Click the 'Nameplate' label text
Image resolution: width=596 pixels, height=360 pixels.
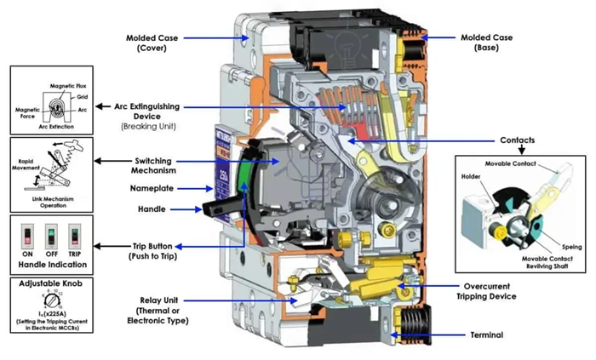point(152,187)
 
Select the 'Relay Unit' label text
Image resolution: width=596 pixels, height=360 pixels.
point(153,300)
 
